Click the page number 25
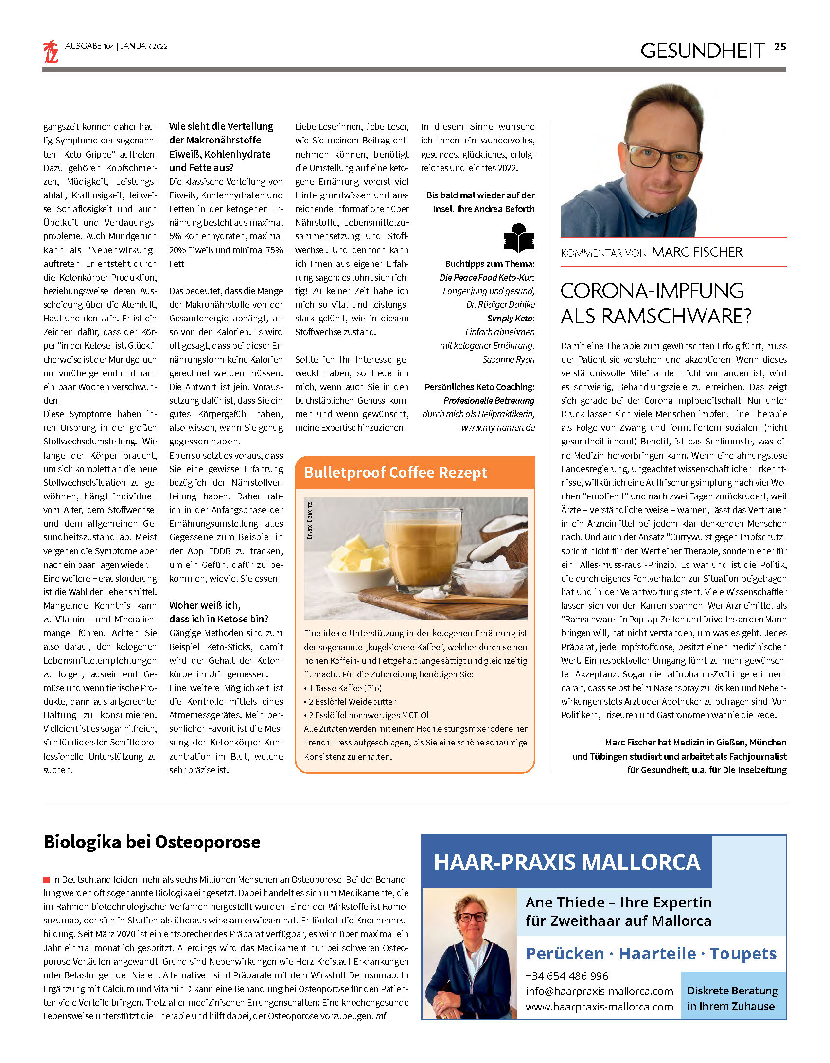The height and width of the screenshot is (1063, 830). point(780,47)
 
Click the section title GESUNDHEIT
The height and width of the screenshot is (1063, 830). point(702,51)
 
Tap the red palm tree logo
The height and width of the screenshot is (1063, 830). point(51,52)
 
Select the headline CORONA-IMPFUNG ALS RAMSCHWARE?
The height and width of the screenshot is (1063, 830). point(656,303)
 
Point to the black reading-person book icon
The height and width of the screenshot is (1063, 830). point(518,238)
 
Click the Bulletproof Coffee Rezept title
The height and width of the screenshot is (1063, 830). point(395,472)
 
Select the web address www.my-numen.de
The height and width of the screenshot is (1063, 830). point(498,428)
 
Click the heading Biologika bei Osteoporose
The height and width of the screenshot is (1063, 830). point(152,842)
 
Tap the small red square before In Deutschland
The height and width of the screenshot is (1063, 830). point(46,880)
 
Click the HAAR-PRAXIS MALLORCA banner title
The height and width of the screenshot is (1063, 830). point(566,862)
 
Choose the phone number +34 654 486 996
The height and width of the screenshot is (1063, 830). point(566,976)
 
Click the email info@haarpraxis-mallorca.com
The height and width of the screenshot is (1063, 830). point(599,991)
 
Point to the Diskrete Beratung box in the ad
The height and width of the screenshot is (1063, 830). point(732,998)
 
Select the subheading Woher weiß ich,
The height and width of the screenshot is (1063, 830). point(204,605)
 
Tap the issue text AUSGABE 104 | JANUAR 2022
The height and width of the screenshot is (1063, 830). point(116,46)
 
